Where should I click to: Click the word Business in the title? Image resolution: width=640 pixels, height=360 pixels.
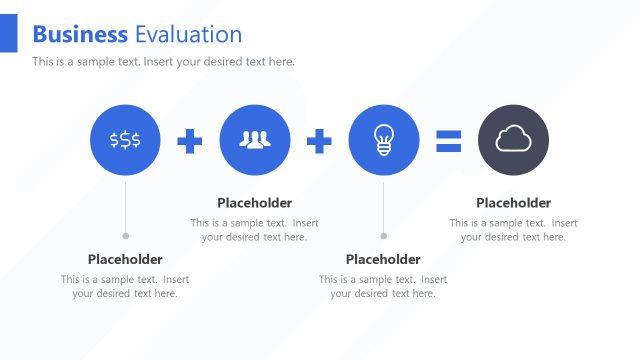tap(80, 34)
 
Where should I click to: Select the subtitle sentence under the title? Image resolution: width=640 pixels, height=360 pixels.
tap(163, 62)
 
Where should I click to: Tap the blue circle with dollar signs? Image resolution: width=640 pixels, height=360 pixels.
tap(125, 140)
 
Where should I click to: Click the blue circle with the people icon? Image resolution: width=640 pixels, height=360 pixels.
tap(255, 140)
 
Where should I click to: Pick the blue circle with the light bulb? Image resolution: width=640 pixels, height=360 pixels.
tap(383, 140)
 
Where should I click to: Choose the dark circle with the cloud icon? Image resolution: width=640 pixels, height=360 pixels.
tap(513, 140)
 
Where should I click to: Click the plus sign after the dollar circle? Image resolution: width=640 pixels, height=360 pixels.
tap(190, 141)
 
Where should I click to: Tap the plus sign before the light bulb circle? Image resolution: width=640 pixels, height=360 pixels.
tap(319, 141)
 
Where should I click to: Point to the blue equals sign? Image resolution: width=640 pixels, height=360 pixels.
tap(448, 141)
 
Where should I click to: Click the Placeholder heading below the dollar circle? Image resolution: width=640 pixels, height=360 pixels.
tap(125, 259)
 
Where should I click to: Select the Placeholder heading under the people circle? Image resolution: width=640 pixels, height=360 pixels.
tap(255, 203)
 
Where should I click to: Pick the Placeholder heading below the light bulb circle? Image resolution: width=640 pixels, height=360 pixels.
tap(383, 259)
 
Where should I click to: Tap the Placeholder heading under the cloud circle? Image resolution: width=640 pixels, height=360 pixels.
tap(513, 203)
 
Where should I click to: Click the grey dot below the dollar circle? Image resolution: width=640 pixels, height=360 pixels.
tap(125, 236)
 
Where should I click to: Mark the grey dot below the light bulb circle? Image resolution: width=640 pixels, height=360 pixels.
tap(383, 236)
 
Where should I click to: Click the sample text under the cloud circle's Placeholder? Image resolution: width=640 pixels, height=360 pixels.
tap(513, 230)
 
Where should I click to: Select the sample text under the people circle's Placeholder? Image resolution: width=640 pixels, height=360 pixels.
tap(255, 230)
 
